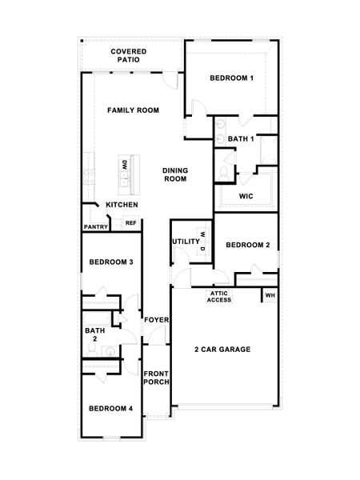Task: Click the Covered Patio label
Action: (129, 56)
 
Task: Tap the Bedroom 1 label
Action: (232, 78)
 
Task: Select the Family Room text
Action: (134, 110)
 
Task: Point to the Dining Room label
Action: (174, 174)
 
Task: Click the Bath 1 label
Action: (241, 139)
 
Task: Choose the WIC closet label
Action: (246, 196)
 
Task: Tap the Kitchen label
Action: (121, 205)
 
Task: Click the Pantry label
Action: (95, 226)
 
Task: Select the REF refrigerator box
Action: (130, 224)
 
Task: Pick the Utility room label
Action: (186, 241)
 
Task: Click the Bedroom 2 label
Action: (246, 245)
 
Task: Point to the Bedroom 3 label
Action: (110, 262)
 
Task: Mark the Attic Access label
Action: (219, 297)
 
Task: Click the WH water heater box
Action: (270, 295)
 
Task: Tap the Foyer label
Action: (156, 321)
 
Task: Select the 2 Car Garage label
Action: (222, 350)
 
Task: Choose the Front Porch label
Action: (156, 378)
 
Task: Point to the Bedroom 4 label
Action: (110, 408)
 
